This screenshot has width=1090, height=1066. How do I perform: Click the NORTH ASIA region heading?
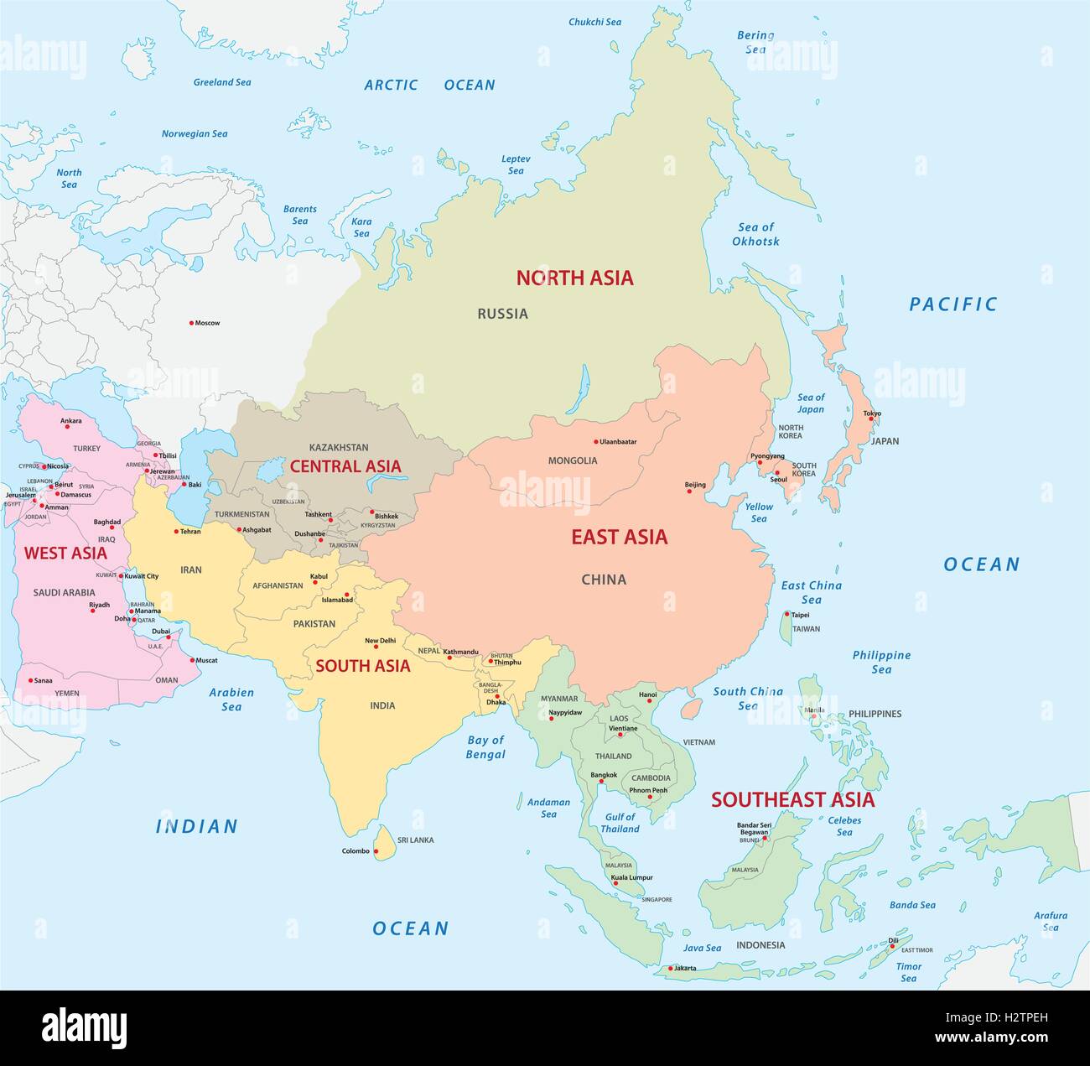point(574,278)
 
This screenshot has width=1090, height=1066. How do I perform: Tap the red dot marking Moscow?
point(191,323)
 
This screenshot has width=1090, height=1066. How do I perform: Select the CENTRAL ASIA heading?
point(345,466)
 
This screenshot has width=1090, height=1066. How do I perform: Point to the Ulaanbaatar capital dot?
point(596,442)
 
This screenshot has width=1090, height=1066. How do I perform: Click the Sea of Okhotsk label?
point(755,234)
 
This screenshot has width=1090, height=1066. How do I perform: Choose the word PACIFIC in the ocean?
point(953,304)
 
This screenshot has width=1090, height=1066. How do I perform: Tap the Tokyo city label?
point(872,413)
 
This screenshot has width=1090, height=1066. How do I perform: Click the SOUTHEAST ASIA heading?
point(792,800)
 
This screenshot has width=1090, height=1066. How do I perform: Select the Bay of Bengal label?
point(485,746)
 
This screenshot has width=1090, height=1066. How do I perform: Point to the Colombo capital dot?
point(376,851)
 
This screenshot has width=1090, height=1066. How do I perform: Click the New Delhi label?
point(380,641)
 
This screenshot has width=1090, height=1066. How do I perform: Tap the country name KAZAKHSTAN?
point(339,448)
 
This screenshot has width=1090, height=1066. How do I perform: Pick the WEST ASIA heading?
point(65,554)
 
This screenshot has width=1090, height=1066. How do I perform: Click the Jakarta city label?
point(684,969)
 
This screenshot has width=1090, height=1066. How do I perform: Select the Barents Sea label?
point(299,215)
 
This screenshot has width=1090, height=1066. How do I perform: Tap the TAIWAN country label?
point(806,629)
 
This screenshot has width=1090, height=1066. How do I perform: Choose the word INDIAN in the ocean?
point(197,827)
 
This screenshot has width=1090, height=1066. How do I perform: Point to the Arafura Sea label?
point(1051,921)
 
